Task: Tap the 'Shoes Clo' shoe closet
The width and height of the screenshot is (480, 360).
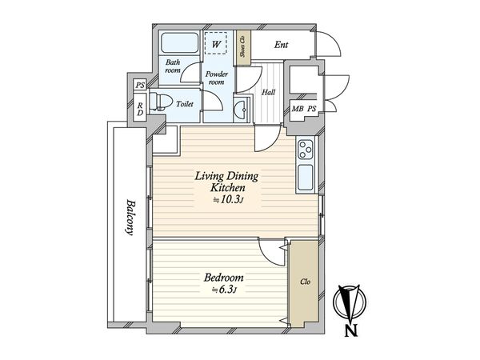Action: [x=242, y=46]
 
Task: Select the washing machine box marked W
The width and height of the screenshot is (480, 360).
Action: [x=215, y=45]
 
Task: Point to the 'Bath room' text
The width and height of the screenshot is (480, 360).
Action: [x=174, y=66]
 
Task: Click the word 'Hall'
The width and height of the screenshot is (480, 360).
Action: [x=269, y=92]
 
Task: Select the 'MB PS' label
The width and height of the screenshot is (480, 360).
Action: [x=304, y=110]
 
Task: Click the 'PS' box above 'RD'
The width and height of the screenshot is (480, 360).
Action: [x=140, y=85]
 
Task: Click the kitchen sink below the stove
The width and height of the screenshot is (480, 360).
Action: [x=306, y=177]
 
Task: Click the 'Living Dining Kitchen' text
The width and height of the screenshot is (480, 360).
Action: [x=222, y=180]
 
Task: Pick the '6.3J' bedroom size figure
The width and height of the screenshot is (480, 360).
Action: [x=223, y=290]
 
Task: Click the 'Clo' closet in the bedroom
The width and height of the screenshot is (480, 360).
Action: [x=305, y=282]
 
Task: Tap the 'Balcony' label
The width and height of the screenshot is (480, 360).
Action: [x=128, y=218]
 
